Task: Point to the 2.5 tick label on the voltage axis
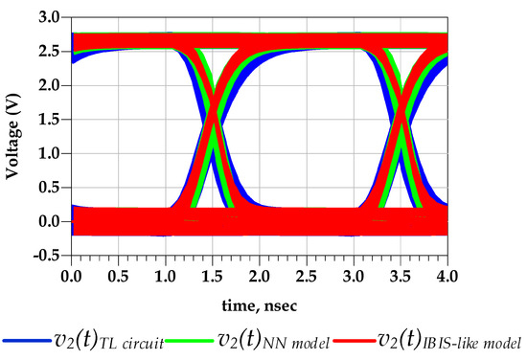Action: click(x=49, y=52)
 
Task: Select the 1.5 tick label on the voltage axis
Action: click(x=49, y=120)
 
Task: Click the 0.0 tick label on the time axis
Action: click(x=71, y=275)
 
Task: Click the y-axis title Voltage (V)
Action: click(x=14, y=134)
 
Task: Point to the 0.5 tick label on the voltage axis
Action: click(x=49, y=187)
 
